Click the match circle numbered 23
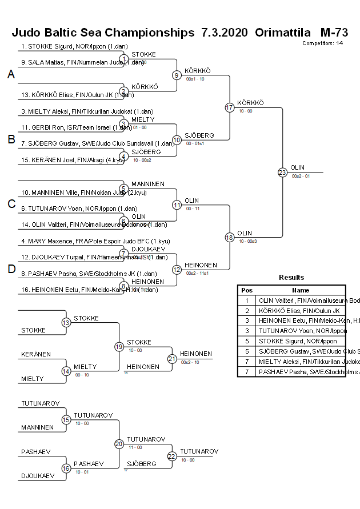[282, 172]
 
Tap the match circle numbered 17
[230, 107]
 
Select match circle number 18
[230, 237]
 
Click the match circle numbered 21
[173, 359]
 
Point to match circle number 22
[173, 456]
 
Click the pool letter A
[11, 74]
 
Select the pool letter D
[11, 269]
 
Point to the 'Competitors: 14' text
[322, 43]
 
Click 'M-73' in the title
[334, 32]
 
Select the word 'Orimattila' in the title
[283, 32]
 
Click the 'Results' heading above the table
[291, 278]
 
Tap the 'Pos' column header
[247, 290]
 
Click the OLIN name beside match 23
[298, 167]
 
